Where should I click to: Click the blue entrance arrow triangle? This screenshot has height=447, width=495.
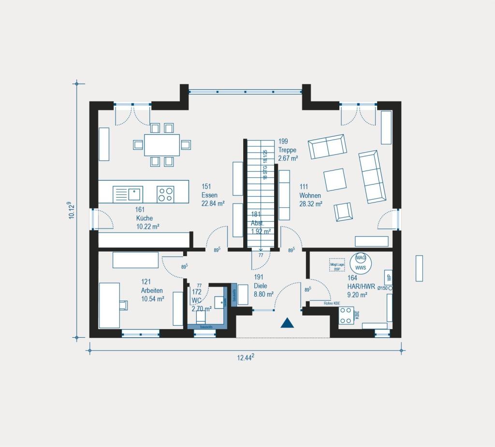(x=287, y=323)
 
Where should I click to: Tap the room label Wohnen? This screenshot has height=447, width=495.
(x=310, y=195)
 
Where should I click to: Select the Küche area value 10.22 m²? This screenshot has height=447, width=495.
(x=148, y=226)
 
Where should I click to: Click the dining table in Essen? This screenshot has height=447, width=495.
(x=162, y=145)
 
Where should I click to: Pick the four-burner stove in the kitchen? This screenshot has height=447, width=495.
(x=165, y=194)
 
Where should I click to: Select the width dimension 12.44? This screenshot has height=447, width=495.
(x=246, y=358)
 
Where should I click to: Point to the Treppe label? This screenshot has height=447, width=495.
(x=287, y=150)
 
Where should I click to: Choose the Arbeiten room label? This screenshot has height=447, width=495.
(x=152, y=290)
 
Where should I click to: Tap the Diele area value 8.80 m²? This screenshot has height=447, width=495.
(x=264, y=294)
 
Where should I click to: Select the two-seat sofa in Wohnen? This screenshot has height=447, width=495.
(x=327, y=146)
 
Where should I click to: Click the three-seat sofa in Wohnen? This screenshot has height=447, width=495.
(x=372, y=176)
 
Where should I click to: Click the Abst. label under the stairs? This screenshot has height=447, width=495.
(x=257, y=223)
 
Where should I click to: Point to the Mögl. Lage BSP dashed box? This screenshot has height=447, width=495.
(x=337, y=267)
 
